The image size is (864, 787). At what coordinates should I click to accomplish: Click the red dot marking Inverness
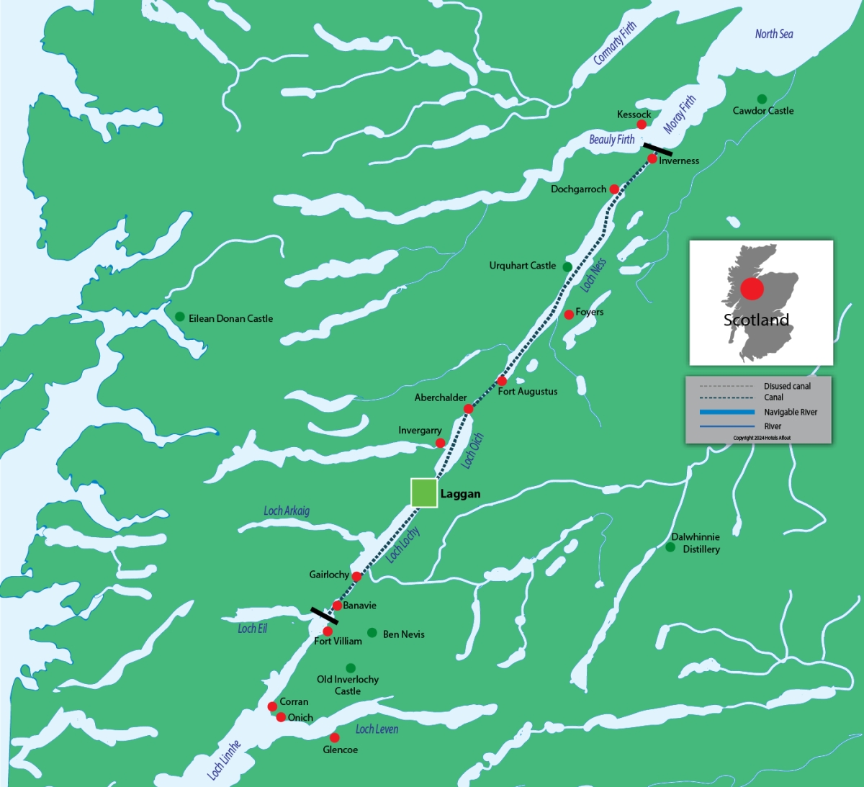click(652, 159)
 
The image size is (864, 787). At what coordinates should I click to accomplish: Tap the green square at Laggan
click(424, 493)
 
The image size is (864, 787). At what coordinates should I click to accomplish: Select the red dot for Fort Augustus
click(502, 381)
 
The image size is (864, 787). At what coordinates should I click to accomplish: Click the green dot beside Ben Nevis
click(372, 633)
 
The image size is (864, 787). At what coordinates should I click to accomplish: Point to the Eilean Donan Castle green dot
click(180, 317)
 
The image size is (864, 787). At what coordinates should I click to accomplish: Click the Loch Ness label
click(593, 275)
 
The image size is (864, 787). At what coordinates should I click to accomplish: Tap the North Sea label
click(774, 34)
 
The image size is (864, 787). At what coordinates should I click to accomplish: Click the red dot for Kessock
click(642, 125)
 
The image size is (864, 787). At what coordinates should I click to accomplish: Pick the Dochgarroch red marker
click(614, 189)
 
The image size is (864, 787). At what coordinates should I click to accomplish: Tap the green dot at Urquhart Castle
click(567, 267)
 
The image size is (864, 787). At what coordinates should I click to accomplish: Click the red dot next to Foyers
click(569, 315)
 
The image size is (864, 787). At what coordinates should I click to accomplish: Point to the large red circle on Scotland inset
click(752, 289)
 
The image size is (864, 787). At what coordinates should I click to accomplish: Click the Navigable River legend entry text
click(791, 413)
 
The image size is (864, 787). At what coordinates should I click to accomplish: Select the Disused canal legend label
click(787, 387)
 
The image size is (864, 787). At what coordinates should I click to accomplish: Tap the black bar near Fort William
click(324, 616)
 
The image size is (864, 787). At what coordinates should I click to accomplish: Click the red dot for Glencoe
click(334, 738)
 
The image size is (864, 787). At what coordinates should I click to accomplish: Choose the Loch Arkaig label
click(287, 511)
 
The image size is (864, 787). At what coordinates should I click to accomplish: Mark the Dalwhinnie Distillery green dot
click(670, 547)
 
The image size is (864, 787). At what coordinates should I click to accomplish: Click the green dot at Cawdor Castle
click(762, 99)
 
